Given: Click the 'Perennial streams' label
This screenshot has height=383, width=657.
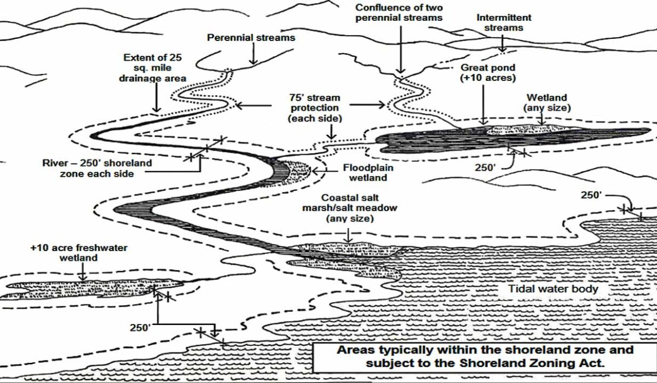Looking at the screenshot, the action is [251, 38].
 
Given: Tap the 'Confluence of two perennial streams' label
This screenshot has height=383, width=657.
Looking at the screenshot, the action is [399, 13].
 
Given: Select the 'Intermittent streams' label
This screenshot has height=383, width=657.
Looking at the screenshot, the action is [504, 22].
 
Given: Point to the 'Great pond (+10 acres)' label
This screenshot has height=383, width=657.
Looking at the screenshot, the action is [488, 73].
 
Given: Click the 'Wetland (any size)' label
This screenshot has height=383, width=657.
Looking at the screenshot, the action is [547, 102].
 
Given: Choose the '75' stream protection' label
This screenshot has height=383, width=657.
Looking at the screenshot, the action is [315, 108].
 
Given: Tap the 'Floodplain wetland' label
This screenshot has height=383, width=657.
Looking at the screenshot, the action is [368, 172].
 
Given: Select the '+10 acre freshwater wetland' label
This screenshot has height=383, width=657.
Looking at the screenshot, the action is [79, 253].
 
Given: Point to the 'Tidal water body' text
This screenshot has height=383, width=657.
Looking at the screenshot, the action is [553, 289].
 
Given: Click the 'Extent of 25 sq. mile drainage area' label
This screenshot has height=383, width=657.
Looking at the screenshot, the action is [153, 68].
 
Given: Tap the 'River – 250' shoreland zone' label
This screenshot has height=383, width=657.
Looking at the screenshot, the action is [97, 168].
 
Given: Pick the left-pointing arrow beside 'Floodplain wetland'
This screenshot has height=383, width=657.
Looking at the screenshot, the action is [326, 171].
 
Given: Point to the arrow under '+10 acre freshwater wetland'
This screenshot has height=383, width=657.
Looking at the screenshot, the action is [83, 272].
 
